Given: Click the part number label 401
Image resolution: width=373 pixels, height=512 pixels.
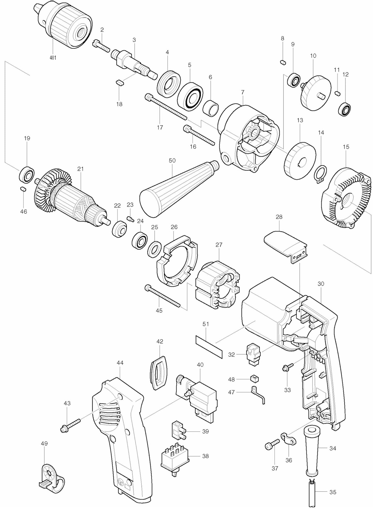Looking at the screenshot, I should tap(53, 58).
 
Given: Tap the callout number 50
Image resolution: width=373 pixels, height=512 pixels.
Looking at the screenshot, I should tap(172, 161).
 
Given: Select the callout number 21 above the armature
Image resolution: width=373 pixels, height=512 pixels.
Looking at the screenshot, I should tap(81, 169).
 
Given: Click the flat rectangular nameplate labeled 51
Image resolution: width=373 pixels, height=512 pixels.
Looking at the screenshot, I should tap(209, 350).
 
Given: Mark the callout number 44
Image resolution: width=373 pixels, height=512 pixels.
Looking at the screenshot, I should tap(120, 363).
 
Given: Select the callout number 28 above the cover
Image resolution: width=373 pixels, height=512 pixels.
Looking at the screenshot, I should tap(279, 217).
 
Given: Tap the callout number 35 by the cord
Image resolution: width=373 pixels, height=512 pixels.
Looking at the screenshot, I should tap(333, 499).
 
